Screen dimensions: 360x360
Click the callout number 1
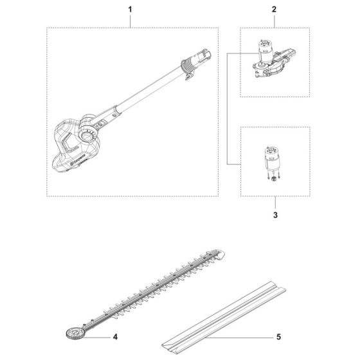(x=130, y=10)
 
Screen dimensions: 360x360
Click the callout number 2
(x=274, y=10)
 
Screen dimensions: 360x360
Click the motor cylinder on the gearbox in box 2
(x=263, y=46)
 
